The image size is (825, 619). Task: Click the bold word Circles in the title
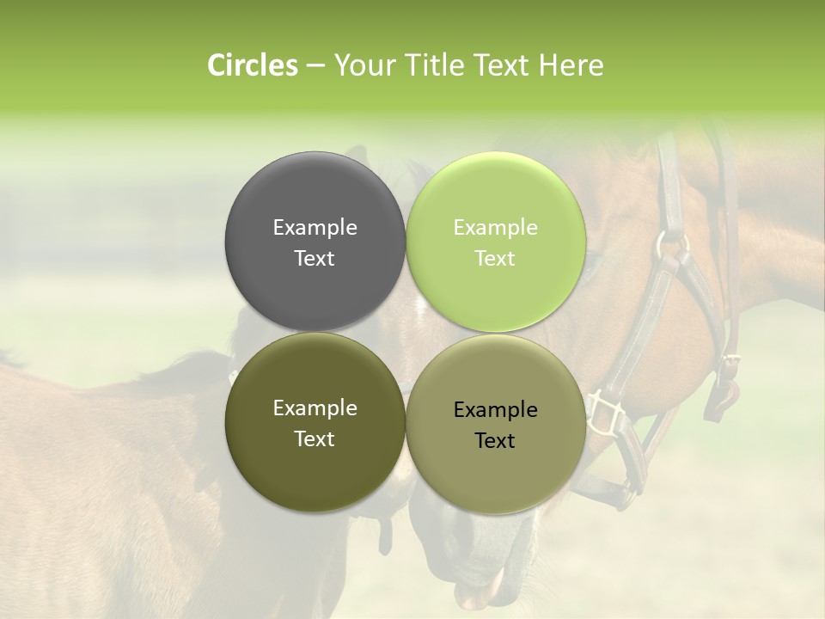point(252,65)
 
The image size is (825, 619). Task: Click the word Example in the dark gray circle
point(315,228)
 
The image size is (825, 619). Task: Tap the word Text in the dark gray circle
point(315,259)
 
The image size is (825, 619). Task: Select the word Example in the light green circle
point(495,228)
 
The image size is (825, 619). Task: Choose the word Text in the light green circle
point(495,259)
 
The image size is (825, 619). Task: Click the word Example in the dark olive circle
point(315,408)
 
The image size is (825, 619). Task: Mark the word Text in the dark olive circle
point(315,439)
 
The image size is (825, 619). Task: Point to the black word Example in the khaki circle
point(495,410)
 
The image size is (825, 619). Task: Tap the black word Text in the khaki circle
point(495,441)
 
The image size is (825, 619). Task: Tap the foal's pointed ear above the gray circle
point(356,156)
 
